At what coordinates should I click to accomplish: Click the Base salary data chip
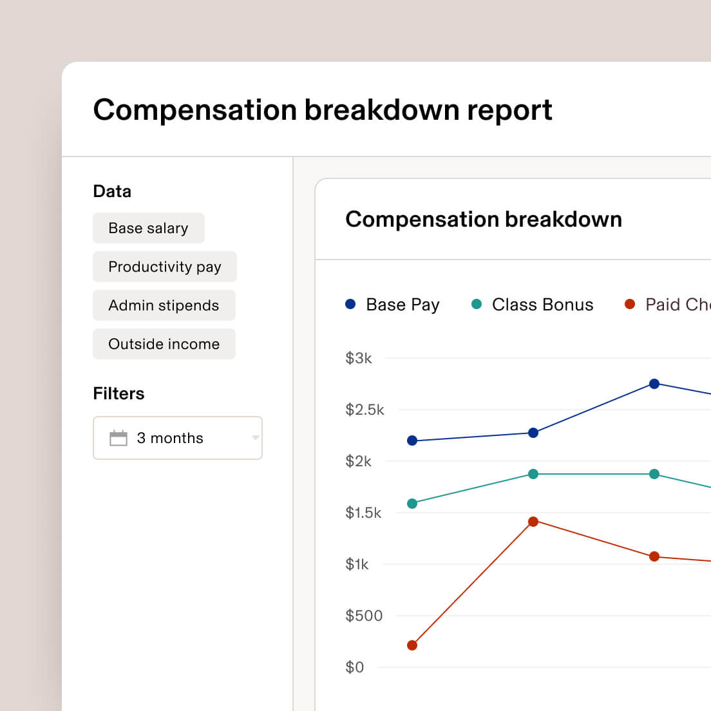click(x=148, y=228)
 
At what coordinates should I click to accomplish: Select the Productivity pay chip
click(x=164, y=267)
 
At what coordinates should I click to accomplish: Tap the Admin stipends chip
click(x=164, y=305)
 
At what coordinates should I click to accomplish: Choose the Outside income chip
click(x=164, y=344)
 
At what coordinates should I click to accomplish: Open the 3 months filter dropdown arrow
click(x=256, y=438)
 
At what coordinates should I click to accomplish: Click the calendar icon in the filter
click(x=118, y=438)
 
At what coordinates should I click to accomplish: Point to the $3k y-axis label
click(x=359, y=358)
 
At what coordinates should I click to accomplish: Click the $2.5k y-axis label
click(x=365, y=410)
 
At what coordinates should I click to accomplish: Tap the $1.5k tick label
click(x=363, y=513)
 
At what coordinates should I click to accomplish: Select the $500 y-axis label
click(x=364, y=616)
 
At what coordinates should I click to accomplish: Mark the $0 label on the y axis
click(x=354, y=667)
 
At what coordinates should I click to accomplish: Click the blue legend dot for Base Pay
click(x=350, y=304)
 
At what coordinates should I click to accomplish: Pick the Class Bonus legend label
click(x=542, y=305)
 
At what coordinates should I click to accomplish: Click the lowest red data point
click(x=412, y=645)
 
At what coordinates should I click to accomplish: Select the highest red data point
click(x=533, y=522)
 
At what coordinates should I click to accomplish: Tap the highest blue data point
click(x=654, y=384)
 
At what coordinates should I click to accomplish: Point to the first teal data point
click(x=412, y=504)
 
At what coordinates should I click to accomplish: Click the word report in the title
click(x=509, y=110)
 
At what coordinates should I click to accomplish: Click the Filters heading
click(x=118, y=393)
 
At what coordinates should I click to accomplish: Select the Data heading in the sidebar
click(x=112, y=191)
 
